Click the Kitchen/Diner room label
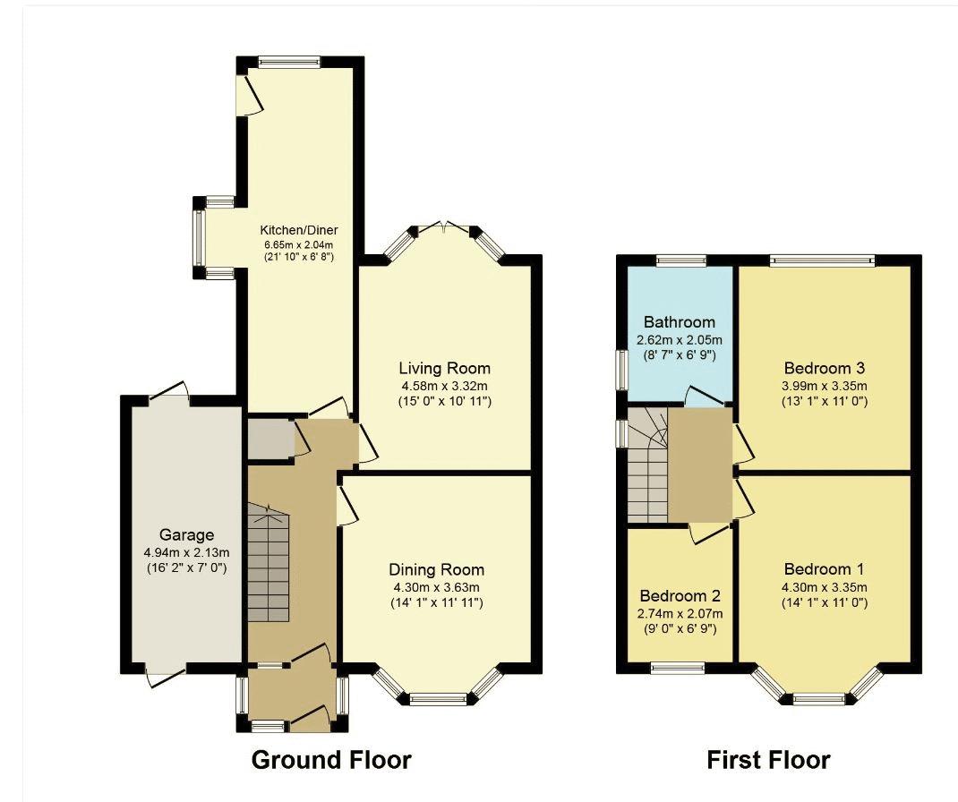point(299,230)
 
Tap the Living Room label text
point(445,368)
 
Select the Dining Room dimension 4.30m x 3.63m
point(437,587)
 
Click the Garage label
point(186,535)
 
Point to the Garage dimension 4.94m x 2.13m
point(186,553)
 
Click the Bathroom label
point(680,322)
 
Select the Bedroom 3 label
point(825,368)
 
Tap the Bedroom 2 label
point(680,595)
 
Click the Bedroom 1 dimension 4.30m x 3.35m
point(825,587)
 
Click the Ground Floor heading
point(331,760)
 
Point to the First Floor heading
point(768,760)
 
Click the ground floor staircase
point(269,562)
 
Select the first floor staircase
point(647,465)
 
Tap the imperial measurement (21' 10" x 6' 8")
point(299,257)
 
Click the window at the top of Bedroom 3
point(823,260)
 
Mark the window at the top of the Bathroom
point(682,260)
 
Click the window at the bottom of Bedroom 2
point(678,669)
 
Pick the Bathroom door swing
point(705,395)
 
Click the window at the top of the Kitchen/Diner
point(288,62)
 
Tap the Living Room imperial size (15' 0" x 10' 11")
point(445,401)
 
